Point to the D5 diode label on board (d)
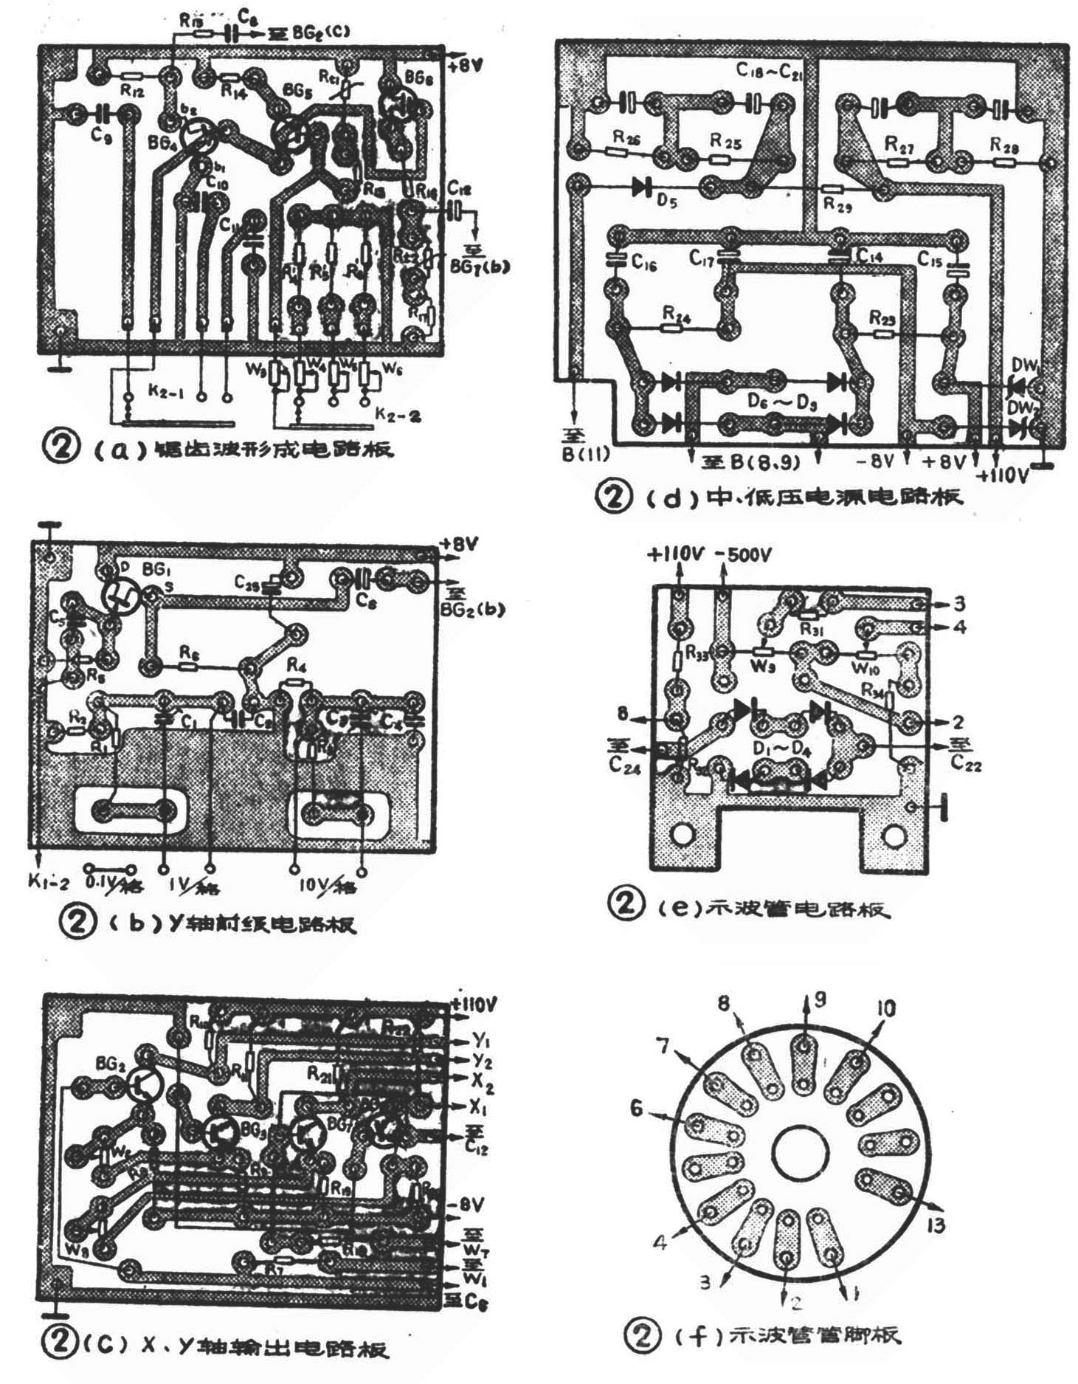[668, 202]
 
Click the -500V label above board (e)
[742, 555]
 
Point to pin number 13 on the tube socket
[935, 1225]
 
